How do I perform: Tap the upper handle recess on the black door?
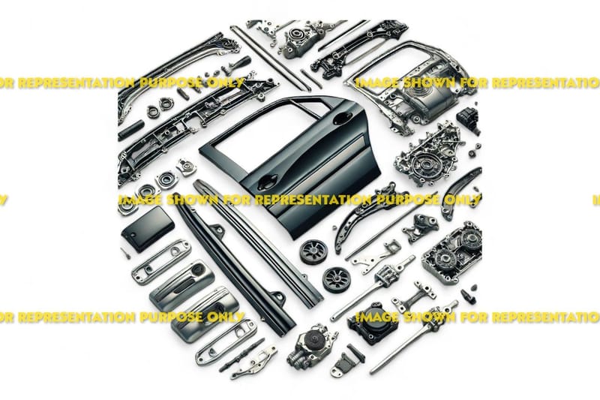(342, 119)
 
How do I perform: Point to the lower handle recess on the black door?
(267, 182)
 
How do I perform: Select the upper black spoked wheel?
(313, 252)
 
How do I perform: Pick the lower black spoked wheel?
(337, 280)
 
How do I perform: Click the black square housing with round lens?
(372, 323)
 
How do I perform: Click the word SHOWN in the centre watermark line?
(193, 200)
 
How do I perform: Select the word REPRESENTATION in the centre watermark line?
(313, 200)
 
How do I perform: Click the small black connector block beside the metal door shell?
(469, 119)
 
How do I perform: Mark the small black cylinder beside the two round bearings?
(131, 130)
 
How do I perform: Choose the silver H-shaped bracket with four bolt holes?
(414, 296)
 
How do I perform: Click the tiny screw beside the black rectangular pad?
(125, 254)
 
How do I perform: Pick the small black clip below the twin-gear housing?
(468, 295)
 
